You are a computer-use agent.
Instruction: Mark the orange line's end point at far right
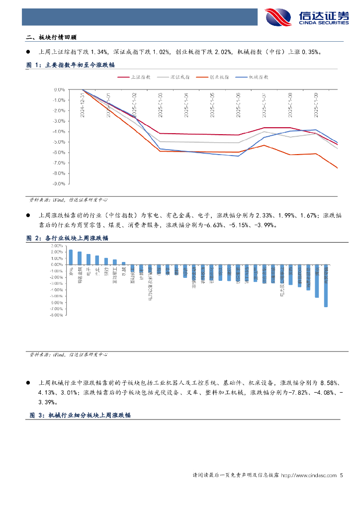tap(337, 168)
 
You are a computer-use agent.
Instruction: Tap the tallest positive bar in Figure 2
tap(71, 257)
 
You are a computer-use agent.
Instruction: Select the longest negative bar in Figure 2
tap(326, 285)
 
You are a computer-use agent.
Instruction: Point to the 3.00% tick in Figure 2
tap(56, 246)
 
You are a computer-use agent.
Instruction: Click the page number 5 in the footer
tap(342, 476)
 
